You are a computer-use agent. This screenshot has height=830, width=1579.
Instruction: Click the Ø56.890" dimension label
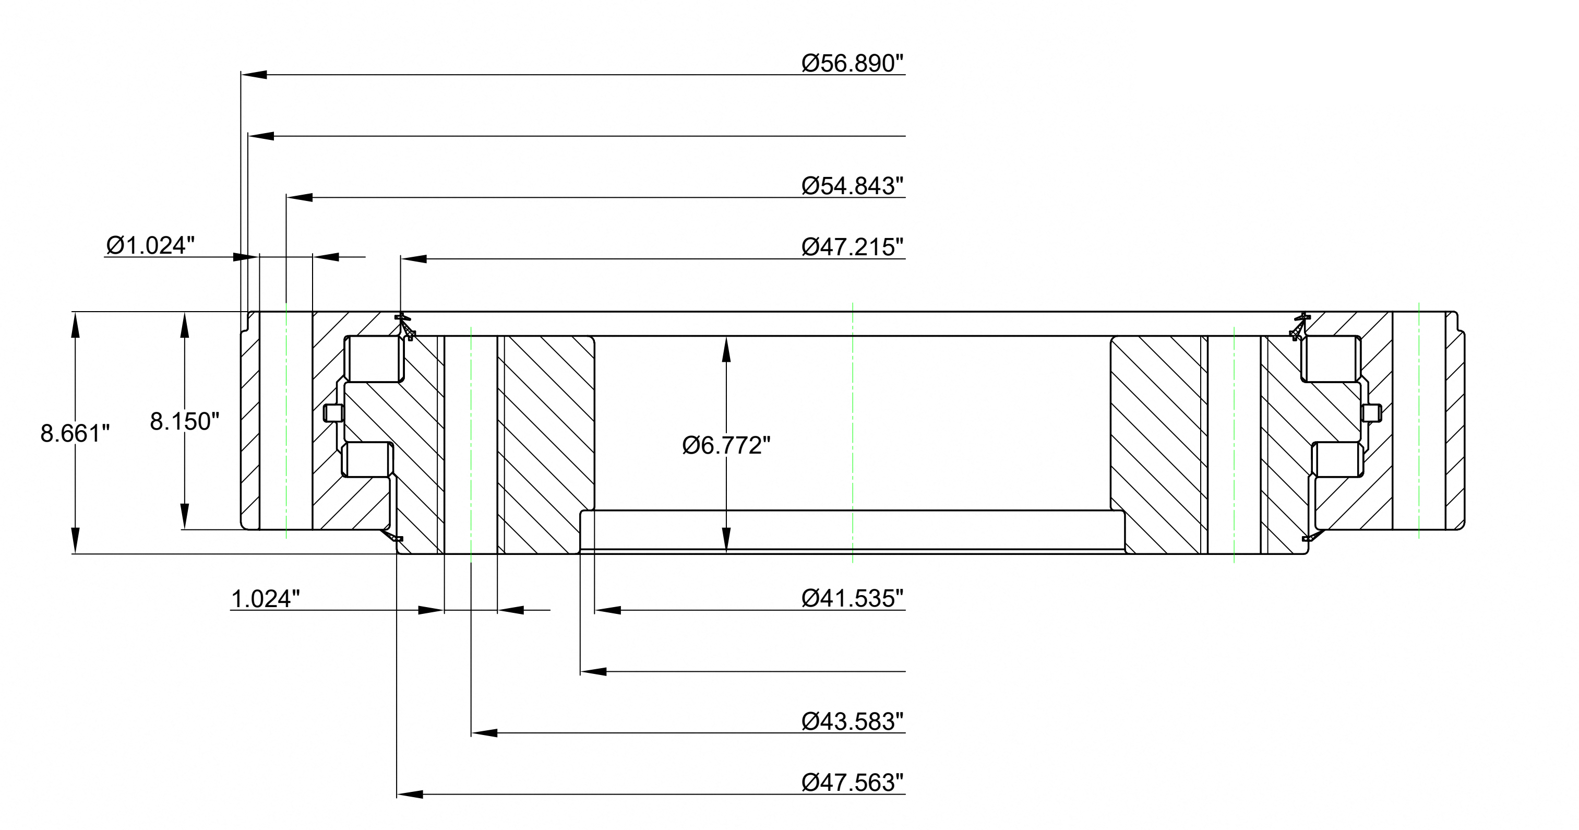[x=853, y=63]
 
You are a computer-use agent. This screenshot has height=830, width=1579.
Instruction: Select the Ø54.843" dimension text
[x=853, y=186]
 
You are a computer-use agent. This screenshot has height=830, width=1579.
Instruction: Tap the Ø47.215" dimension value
[x=853, y=247]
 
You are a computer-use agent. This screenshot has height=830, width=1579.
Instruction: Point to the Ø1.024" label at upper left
[x=150, y=245]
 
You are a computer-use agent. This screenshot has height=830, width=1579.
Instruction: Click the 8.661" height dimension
[x=75, y=433]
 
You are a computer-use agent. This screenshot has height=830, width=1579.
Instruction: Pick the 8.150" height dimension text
[x=185, y=422]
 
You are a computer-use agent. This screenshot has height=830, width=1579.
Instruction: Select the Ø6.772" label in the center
[x=726, y=446]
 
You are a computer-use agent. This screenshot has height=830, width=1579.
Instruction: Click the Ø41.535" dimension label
[x=853, y=598]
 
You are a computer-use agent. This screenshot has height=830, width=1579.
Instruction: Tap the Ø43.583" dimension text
[x=853, y=721]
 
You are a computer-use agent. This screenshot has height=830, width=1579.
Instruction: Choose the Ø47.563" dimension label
[x=853, y=783]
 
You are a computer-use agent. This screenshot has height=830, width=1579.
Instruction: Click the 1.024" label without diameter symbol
[x=266, y=599]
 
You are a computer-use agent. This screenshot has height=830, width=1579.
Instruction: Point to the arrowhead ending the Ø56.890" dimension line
[x=254, y=75]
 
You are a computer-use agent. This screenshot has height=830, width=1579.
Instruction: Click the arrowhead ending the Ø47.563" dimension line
[x=410, y=795]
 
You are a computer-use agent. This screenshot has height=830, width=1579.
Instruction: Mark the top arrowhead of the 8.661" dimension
[x=75, y=325]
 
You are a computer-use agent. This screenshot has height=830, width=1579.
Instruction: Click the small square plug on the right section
[x=1371, y=413]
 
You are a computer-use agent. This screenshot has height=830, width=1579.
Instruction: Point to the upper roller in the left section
[x=374, y=359]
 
